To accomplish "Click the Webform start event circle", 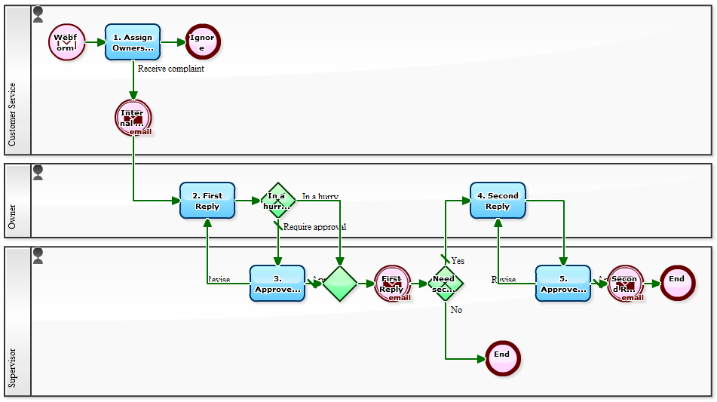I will [66, 42].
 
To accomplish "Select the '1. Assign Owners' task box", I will [133, 42].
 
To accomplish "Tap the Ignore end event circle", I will [202, 42].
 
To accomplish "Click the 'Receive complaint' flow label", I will [171, 69].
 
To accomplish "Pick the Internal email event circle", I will [133, 118].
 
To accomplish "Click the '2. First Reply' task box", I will [207, 201].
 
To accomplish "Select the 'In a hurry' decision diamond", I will [278, 201].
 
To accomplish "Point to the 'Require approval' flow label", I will [314, 227].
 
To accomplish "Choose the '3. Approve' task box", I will [277, 284].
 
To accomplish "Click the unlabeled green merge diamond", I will [340, 284].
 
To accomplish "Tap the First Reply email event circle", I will [392, 284].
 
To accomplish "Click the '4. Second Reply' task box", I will [498, 201].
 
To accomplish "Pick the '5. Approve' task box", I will [563, 284].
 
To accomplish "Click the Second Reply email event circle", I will [625, 284].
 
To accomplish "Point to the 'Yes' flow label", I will [458, 261].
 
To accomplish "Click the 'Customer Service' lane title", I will [12, 115].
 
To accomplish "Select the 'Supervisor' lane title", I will [12, 367].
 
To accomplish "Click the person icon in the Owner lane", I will [38, 173].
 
